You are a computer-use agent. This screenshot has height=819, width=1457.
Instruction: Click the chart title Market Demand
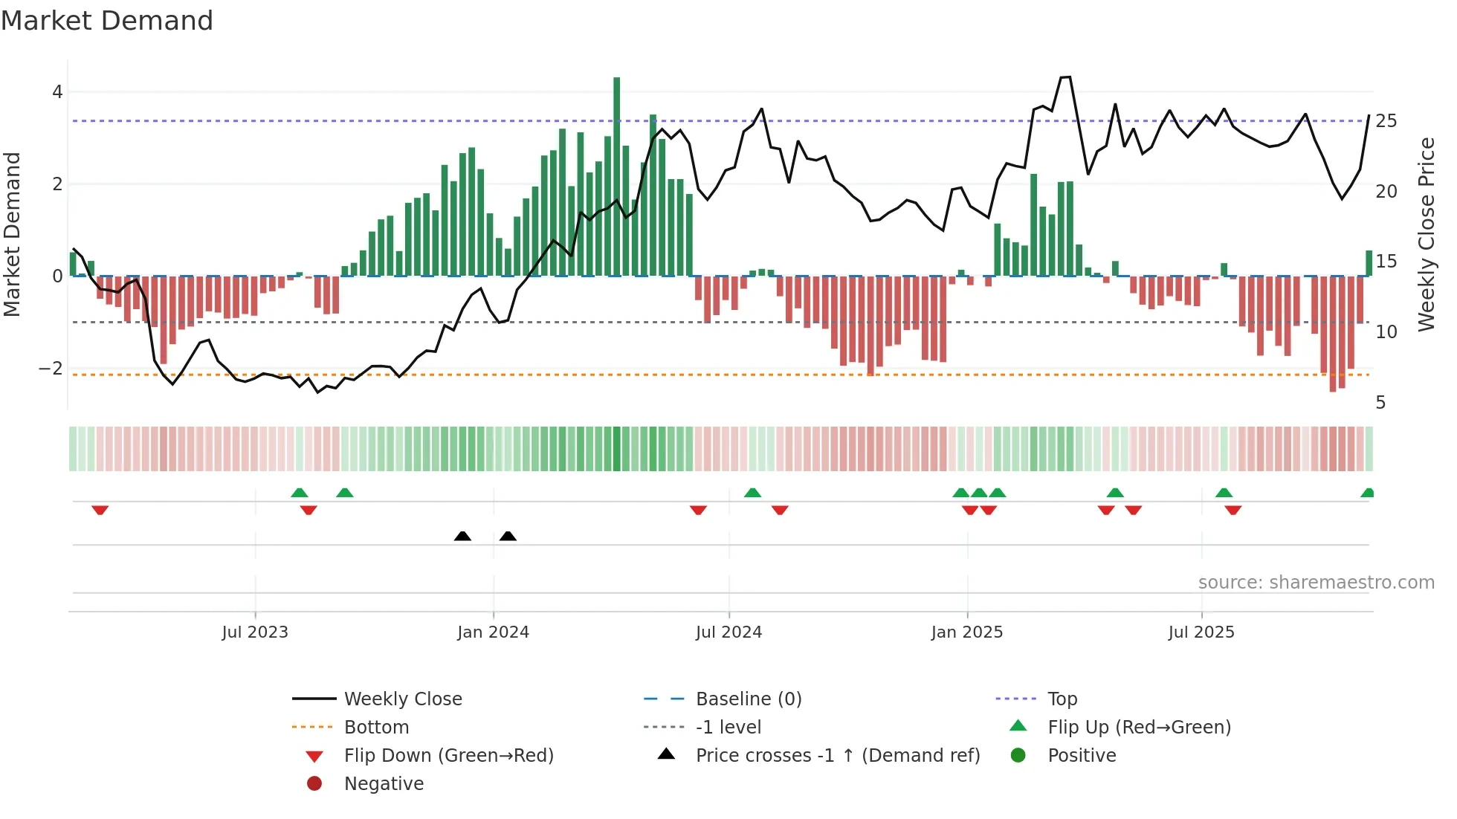point(107,21)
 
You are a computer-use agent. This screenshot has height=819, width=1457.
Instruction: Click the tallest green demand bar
point(616,176)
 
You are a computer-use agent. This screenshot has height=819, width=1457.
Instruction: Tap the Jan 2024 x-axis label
point(493,632)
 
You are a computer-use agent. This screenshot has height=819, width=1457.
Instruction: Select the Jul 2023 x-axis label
point(255,632)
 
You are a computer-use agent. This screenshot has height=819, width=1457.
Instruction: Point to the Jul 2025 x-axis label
point(1201,632)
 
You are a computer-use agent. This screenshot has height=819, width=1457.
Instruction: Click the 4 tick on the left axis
point(57,92)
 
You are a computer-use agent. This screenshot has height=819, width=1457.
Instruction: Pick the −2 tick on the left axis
point(51,369)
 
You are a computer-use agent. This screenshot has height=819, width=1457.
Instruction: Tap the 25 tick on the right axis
point(1386,121)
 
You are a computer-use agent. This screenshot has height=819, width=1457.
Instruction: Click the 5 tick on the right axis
point(1380,403)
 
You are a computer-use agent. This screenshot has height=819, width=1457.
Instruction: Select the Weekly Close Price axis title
point(1426,234)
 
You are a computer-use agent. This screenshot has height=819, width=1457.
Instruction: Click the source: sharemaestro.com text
point(1316,583)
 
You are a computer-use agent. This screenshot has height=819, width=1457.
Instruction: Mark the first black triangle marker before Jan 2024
point(462,536)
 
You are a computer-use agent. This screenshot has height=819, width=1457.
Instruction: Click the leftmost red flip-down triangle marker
point(100,510)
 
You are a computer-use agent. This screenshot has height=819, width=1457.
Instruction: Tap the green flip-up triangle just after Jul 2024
point(752,493)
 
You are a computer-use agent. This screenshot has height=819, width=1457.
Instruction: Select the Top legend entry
point(1062,699)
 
